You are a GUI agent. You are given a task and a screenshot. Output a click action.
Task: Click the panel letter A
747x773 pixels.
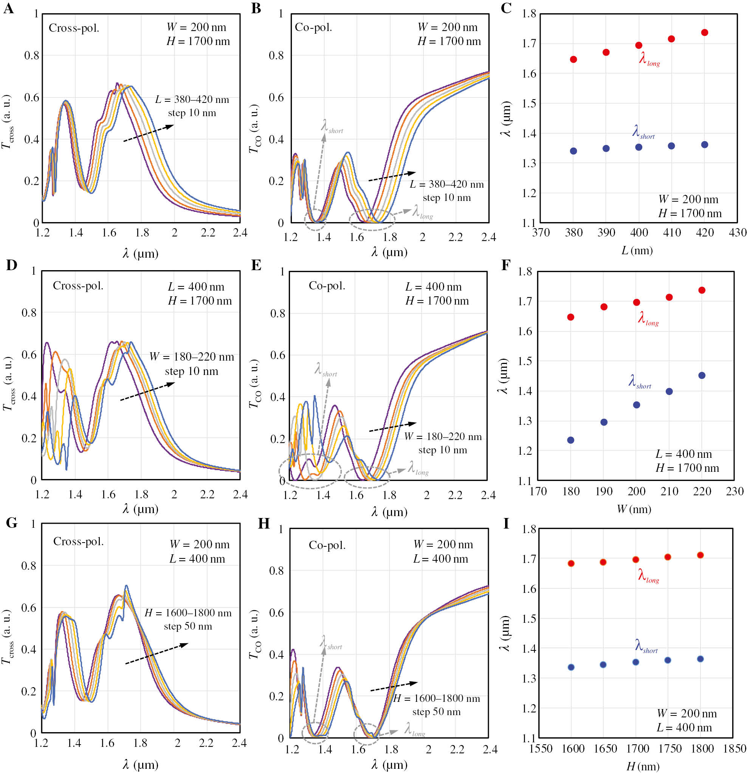tap(8, 8)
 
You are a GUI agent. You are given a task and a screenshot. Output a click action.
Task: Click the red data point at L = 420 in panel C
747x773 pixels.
tap(704, 32)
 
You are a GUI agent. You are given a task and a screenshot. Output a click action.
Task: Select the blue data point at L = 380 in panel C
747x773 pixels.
tap(573, 151)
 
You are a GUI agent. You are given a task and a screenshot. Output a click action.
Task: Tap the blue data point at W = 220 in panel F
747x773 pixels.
tap(702, 375)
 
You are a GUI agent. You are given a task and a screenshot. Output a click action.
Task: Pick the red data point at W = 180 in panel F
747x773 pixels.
tap(570, 317)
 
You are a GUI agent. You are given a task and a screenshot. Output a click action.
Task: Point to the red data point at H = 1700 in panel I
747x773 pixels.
tap(635, 560)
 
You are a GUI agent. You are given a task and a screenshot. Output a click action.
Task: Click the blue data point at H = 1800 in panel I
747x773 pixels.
tap(700, 659)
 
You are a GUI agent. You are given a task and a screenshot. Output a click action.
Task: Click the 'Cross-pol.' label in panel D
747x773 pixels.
tap(78, 286)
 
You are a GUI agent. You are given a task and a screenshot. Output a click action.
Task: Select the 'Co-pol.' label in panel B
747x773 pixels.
tap(313, 27)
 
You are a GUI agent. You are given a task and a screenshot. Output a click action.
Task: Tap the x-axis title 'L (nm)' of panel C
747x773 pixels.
tap(637, 250)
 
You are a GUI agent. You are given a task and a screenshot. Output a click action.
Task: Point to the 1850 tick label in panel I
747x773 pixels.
tap(734, 748)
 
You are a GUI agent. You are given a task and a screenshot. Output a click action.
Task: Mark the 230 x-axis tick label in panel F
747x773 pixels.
tap(735, 491)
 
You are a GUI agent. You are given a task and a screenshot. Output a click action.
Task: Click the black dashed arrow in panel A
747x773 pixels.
tap(149, 133)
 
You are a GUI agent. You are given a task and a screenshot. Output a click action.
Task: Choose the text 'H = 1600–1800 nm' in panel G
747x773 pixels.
tap(188, 613)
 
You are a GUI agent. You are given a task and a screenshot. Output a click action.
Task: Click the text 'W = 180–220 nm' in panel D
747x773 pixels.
tap(192, 357)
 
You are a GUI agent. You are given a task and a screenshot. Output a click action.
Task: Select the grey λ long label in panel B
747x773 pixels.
tap(422, 212)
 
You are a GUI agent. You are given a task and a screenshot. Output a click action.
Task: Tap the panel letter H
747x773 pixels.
tap(263, 524)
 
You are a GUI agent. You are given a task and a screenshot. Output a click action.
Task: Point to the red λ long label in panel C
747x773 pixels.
tap(649, 59)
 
